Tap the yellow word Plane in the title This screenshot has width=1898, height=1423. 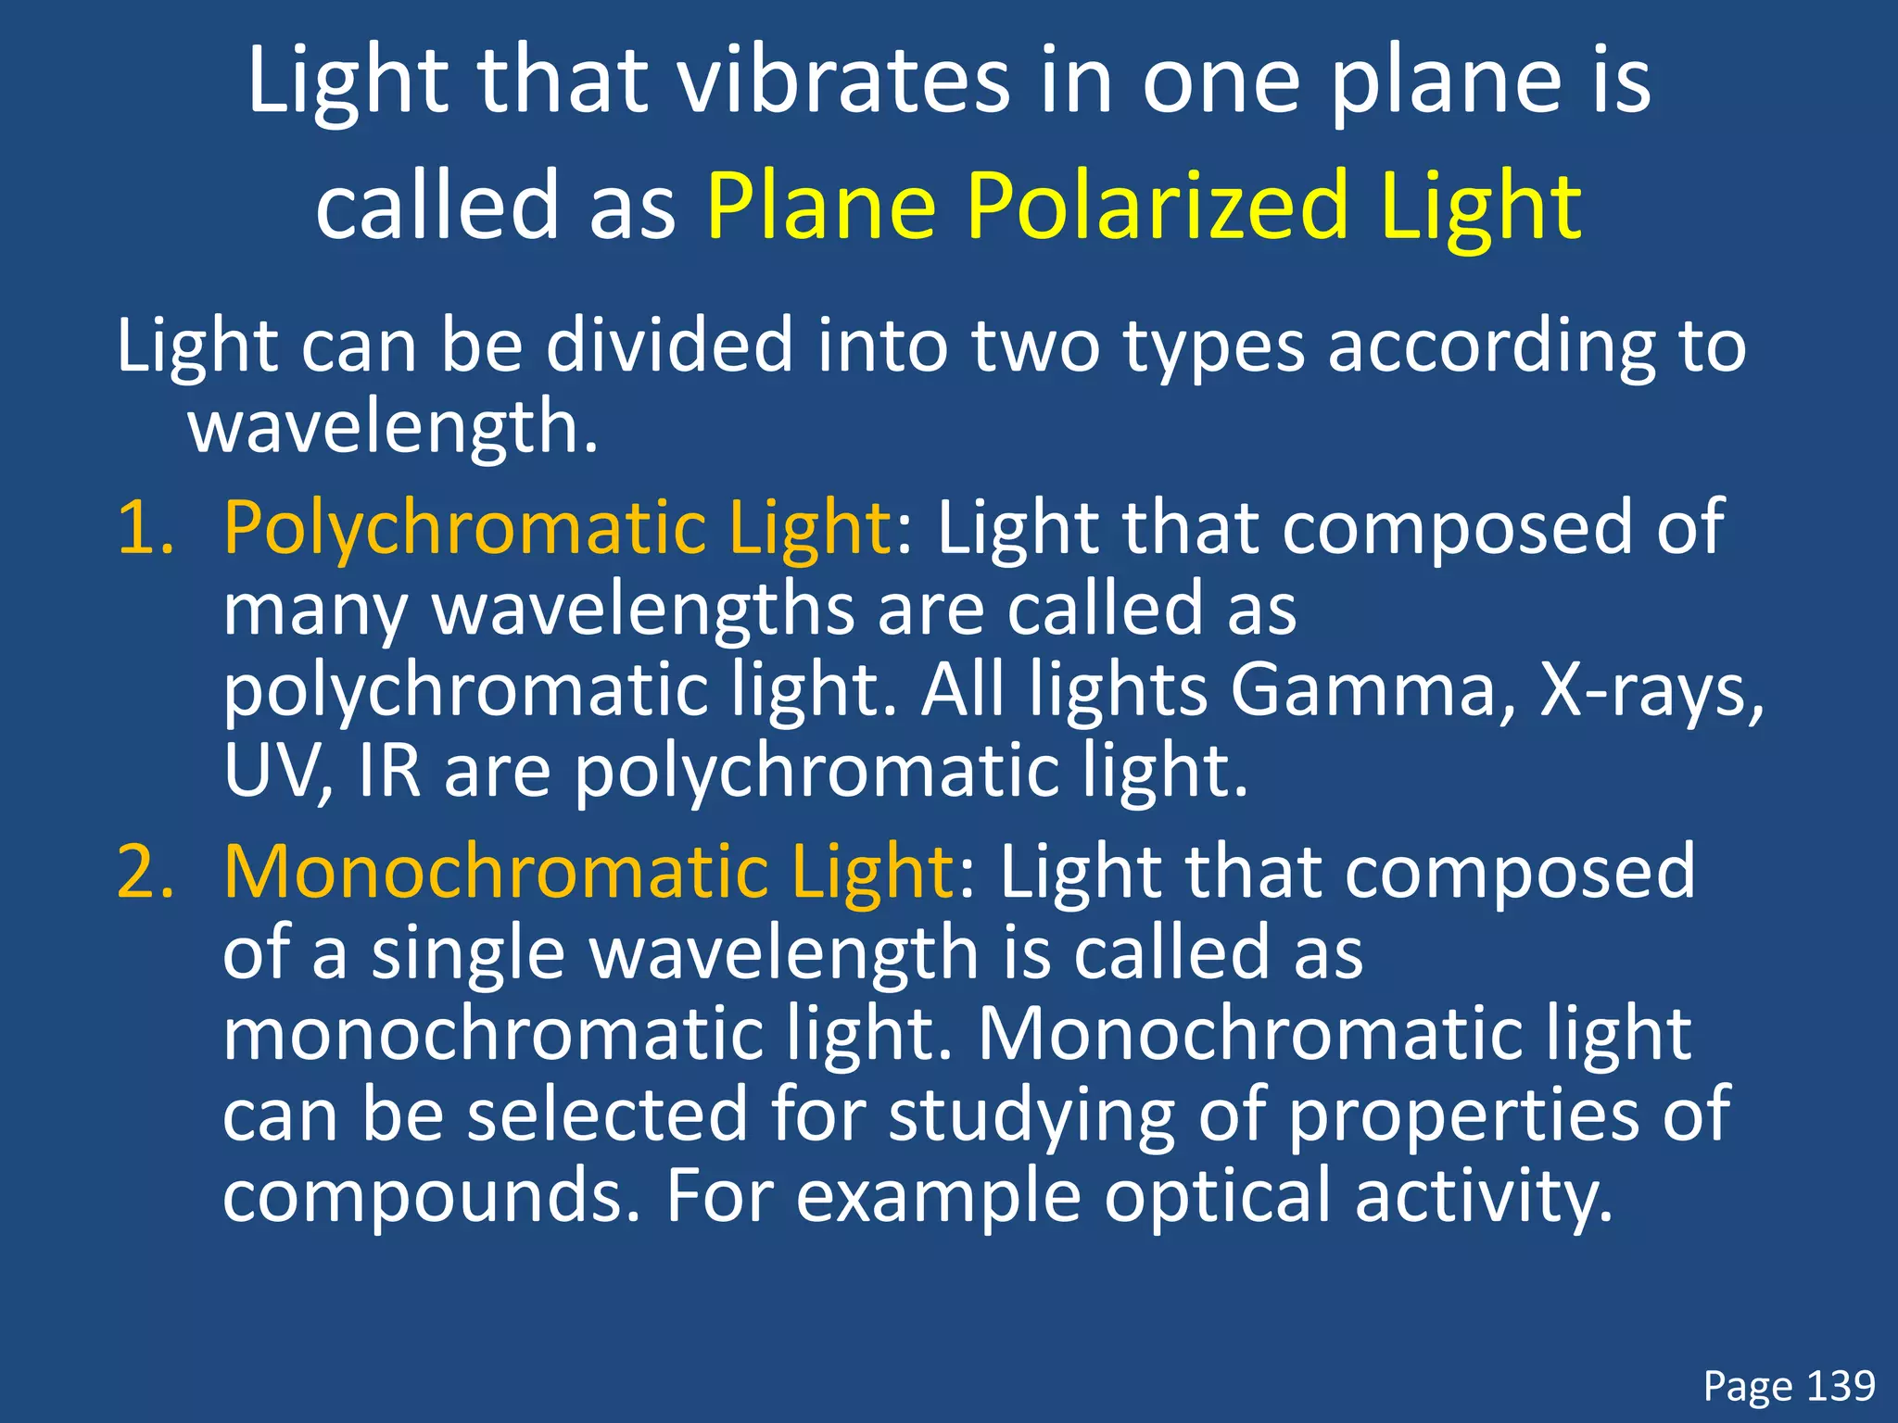coord(821,206)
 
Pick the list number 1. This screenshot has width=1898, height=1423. coord(145,528)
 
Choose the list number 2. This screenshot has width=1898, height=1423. coord(145,873)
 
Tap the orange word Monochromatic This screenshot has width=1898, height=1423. coord(495,873)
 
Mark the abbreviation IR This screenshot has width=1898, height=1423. coord(389,771)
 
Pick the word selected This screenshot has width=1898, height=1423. coord(606,1115)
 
